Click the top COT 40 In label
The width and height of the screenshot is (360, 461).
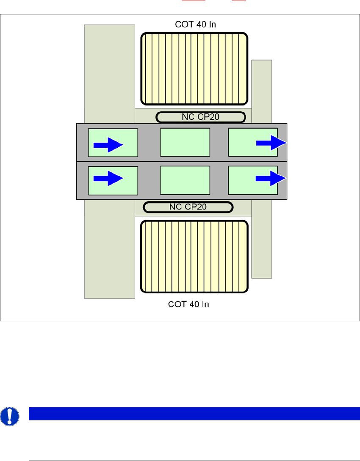196,24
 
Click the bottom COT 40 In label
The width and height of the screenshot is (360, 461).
189,304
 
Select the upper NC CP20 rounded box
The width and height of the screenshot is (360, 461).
200,117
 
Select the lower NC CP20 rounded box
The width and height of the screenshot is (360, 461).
188,207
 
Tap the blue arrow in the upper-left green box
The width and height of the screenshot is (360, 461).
108,145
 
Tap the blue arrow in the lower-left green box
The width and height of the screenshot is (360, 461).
108,178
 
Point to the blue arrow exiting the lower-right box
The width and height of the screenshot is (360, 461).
271,178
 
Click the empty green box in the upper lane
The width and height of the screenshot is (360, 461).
185,142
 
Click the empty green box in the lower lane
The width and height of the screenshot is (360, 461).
185,180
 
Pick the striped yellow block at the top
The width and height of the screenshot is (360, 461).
194,69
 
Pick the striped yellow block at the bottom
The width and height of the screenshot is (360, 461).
194,257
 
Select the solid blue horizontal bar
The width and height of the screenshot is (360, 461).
194,413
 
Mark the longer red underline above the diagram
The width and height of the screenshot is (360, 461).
190,1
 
